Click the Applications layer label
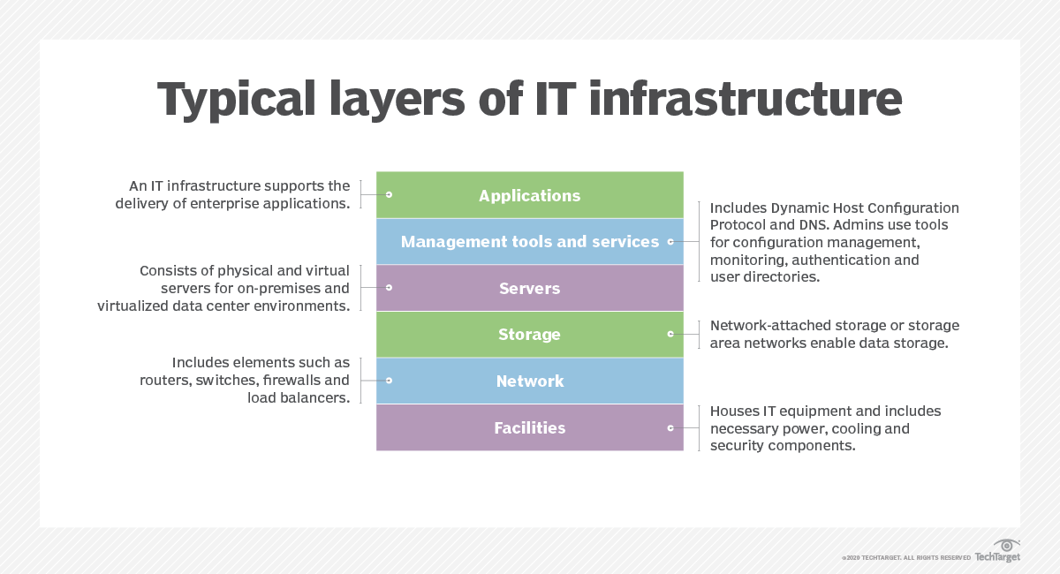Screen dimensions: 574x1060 click(529, 196)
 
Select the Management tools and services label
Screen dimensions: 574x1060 click(529, 242)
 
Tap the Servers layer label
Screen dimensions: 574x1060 click(529, 289)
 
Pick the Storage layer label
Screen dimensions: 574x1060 click(529, 335)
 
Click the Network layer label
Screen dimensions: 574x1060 click(529, 381)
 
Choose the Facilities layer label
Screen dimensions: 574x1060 click(529, 428)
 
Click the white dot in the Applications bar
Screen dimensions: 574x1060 click(389, 194)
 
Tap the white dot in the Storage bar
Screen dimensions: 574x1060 click(670, 334)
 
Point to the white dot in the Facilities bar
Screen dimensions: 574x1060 click(670, 427)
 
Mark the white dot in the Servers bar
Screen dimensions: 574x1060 click(389, 287)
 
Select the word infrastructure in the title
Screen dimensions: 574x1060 click(746, 99)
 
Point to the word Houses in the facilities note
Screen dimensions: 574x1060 click(733, 412)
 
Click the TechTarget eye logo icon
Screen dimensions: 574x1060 click(1007, 545)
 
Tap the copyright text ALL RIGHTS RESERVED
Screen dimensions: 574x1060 click(937, 558)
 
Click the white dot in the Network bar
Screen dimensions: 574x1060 click(389, 381)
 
